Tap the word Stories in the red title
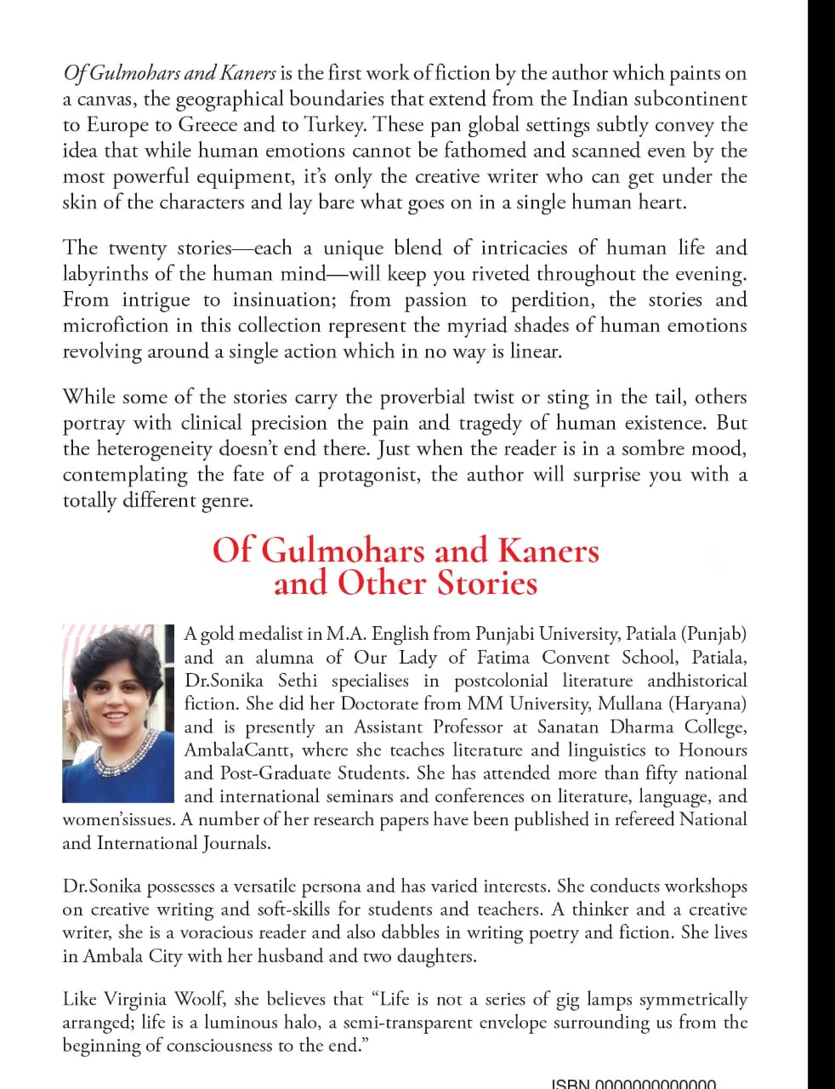487,584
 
